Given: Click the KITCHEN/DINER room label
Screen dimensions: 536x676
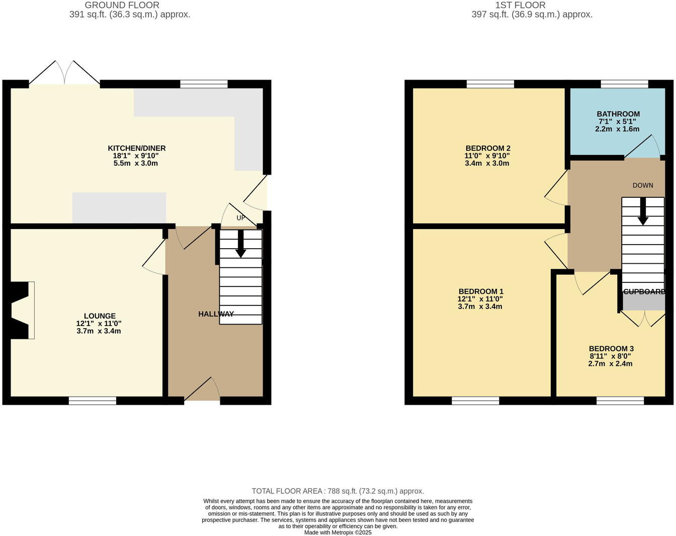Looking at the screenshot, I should [x=136, y=148].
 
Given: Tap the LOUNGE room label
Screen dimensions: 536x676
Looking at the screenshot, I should [x=100, y=316].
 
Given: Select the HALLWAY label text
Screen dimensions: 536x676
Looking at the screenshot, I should [x=216, y=314].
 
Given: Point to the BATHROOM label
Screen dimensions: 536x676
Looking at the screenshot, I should [x=618, y=114].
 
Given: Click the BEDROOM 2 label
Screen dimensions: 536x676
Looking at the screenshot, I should [x=488, y=148].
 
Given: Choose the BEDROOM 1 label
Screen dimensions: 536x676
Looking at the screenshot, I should [x=481, y=291].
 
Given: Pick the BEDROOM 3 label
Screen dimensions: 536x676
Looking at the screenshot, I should [x=611, y=349].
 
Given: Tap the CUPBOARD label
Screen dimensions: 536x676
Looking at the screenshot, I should [x=644, y=291].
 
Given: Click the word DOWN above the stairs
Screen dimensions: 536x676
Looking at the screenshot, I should [x=643, y=185].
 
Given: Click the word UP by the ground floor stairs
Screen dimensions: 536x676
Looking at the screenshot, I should [x=241, y=218].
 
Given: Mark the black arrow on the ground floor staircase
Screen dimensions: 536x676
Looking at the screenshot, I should [x=241, y=245].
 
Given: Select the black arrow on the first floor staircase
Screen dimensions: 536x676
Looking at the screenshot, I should [x=643, y=212].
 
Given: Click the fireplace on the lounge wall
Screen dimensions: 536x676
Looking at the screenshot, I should [x=20, y=310].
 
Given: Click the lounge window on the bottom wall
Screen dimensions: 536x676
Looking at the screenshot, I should [x=93, y=401].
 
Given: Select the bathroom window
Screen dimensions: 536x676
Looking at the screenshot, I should [x=624, y=84].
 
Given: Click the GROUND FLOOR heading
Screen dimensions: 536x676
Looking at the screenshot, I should [x=122, y=5].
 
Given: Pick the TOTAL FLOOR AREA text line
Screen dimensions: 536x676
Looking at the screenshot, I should [x=337, y=491].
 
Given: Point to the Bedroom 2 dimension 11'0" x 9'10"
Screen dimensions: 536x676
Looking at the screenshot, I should [x=487, y=156].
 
